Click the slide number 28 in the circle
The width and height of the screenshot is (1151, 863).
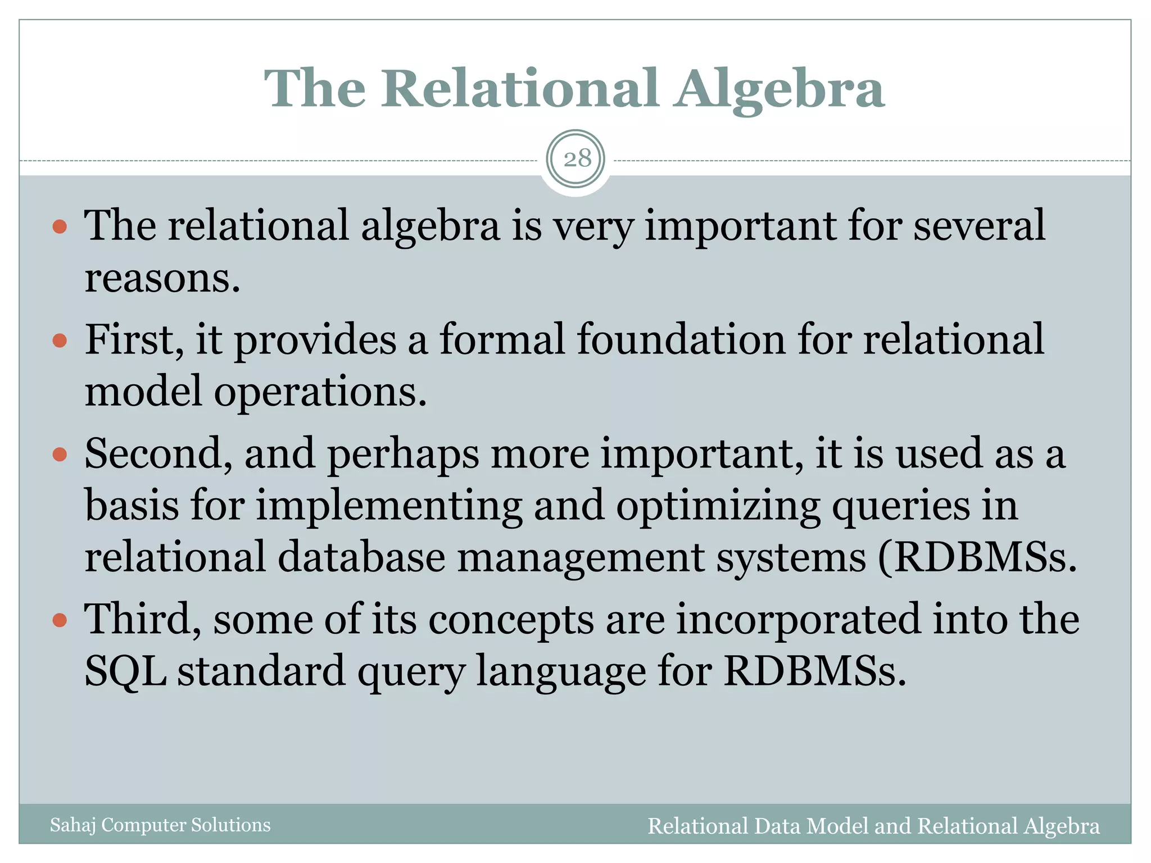(577, 159)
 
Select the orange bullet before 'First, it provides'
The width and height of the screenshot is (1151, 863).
(60, 340)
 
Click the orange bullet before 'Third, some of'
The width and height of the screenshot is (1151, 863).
(60, 620)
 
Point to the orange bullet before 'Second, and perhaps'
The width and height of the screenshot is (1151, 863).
(60, 454)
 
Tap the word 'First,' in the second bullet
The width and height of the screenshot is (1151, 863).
(134, 340)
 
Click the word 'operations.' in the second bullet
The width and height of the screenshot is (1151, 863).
(320, 392)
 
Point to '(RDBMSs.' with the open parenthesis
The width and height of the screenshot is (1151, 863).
(978, 557)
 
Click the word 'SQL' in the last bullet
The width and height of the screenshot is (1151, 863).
(125, 671)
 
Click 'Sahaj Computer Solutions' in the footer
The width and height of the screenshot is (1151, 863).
(160, 825)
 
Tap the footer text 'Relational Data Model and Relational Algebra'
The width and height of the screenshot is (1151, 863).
(873, 826)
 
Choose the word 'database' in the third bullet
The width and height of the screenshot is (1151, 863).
(361, 557)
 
